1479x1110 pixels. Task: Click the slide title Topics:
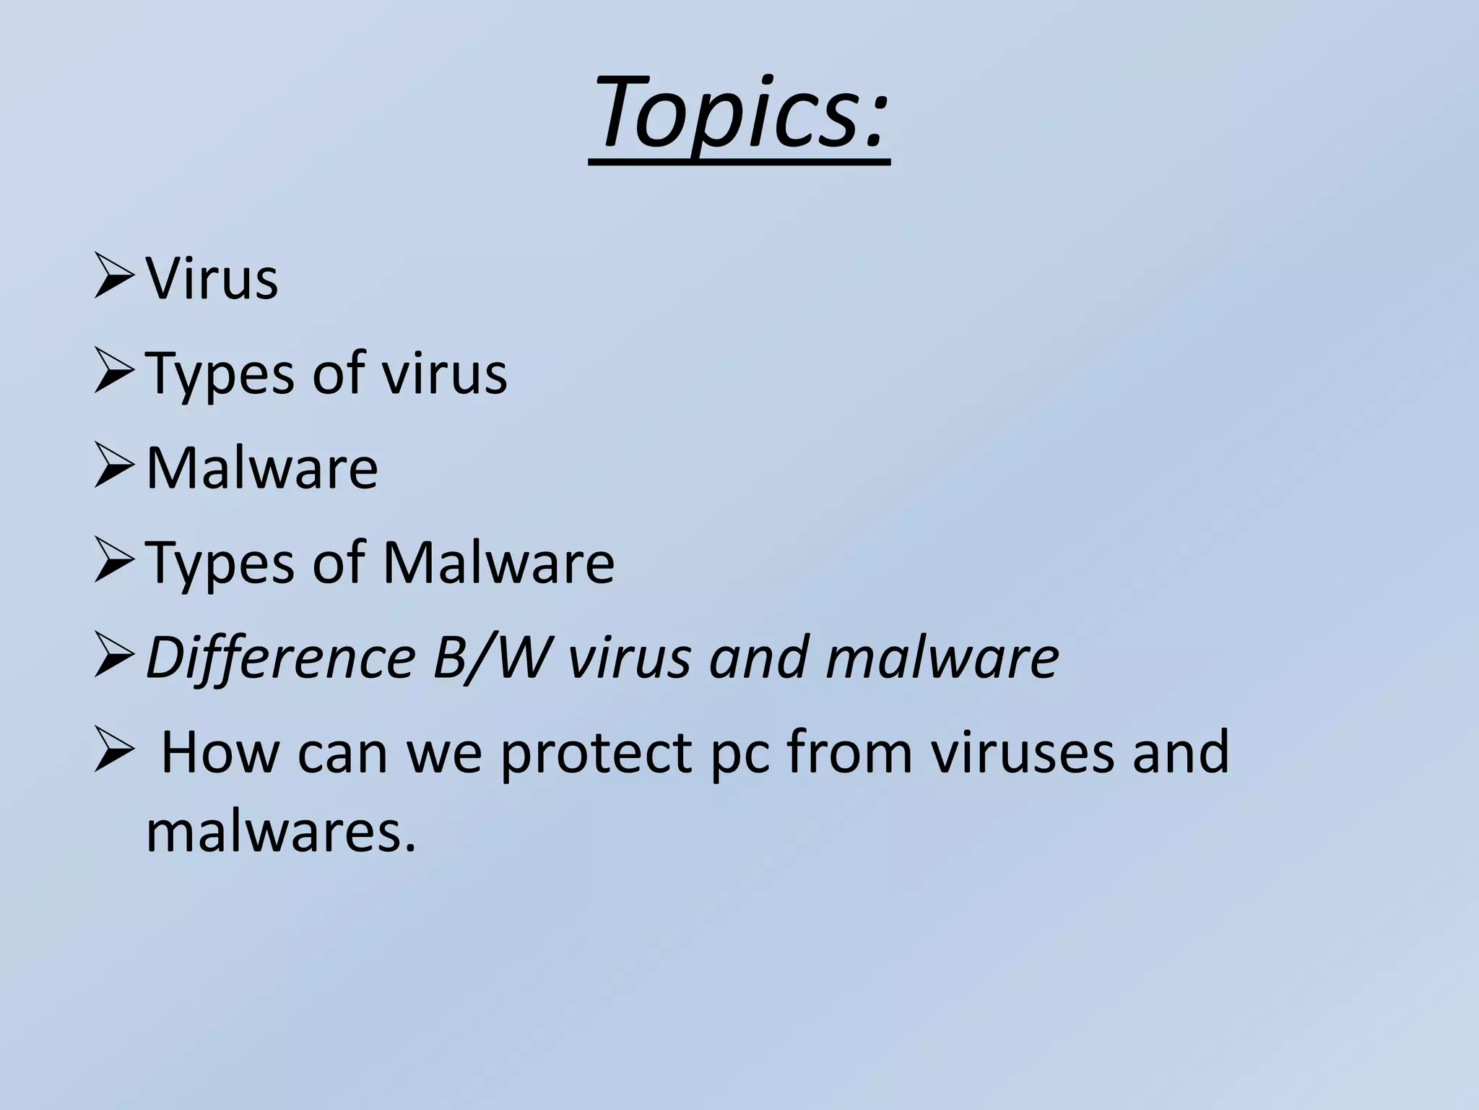pyautogui.click(x=739, y=116)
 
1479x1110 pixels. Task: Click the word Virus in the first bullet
pyautogui.click(x=212, y=279)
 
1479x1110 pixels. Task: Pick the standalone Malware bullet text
pyautogui.click(x=261, y=468)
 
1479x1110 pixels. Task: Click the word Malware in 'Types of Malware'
pyautogui.click(x=498, y=563)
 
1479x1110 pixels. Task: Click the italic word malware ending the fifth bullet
pyautogui.click(x=942, y=658)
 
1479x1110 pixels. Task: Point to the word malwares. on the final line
pyautogui.click(x=282, y=831)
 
